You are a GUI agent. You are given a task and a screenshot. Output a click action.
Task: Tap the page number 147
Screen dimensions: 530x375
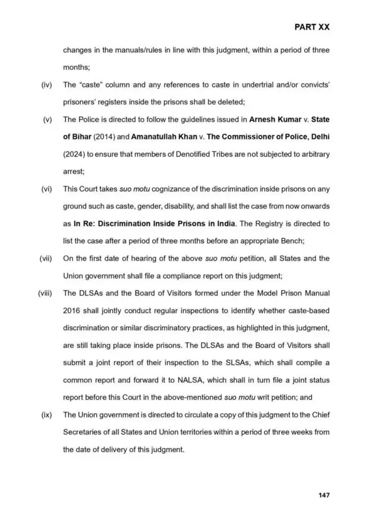tap(324, 495)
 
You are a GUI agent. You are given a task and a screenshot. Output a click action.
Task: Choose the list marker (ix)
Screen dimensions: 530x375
tap(47, 415)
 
